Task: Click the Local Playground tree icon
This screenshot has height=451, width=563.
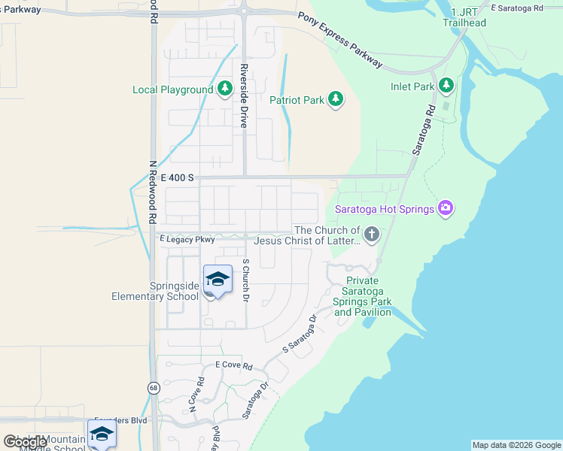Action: pos(224,90)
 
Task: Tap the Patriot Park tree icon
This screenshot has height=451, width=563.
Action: pos(336,99)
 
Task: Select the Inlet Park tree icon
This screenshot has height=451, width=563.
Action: pos(446,86)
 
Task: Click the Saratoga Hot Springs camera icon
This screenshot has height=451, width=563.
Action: pos(446,208)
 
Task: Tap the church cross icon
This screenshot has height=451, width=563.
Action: pos(370,235)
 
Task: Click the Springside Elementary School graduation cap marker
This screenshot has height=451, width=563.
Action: pos(218,280)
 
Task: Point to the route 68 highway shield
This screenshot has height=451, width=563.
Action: pos(154,388)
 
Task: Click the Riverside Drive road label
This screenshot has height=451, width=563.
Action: pos(244,96)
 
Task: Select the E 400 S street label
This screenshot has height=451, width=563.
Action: pos(178,178)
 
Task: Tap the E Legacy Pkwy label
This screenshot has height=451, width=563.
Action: pos(187,240)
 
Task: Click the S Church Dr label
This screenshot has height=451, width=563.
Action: pos(245,281)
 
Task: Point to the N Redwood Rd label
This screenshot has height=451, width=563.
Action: pos(152,192)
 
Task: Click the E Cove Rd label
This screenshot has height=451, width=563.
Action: pos(233,365)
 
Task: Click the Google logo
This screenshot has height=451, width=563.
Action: pos(24,442)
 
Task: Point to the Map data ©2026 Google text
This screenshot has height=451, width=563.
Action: pos(516,445)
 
